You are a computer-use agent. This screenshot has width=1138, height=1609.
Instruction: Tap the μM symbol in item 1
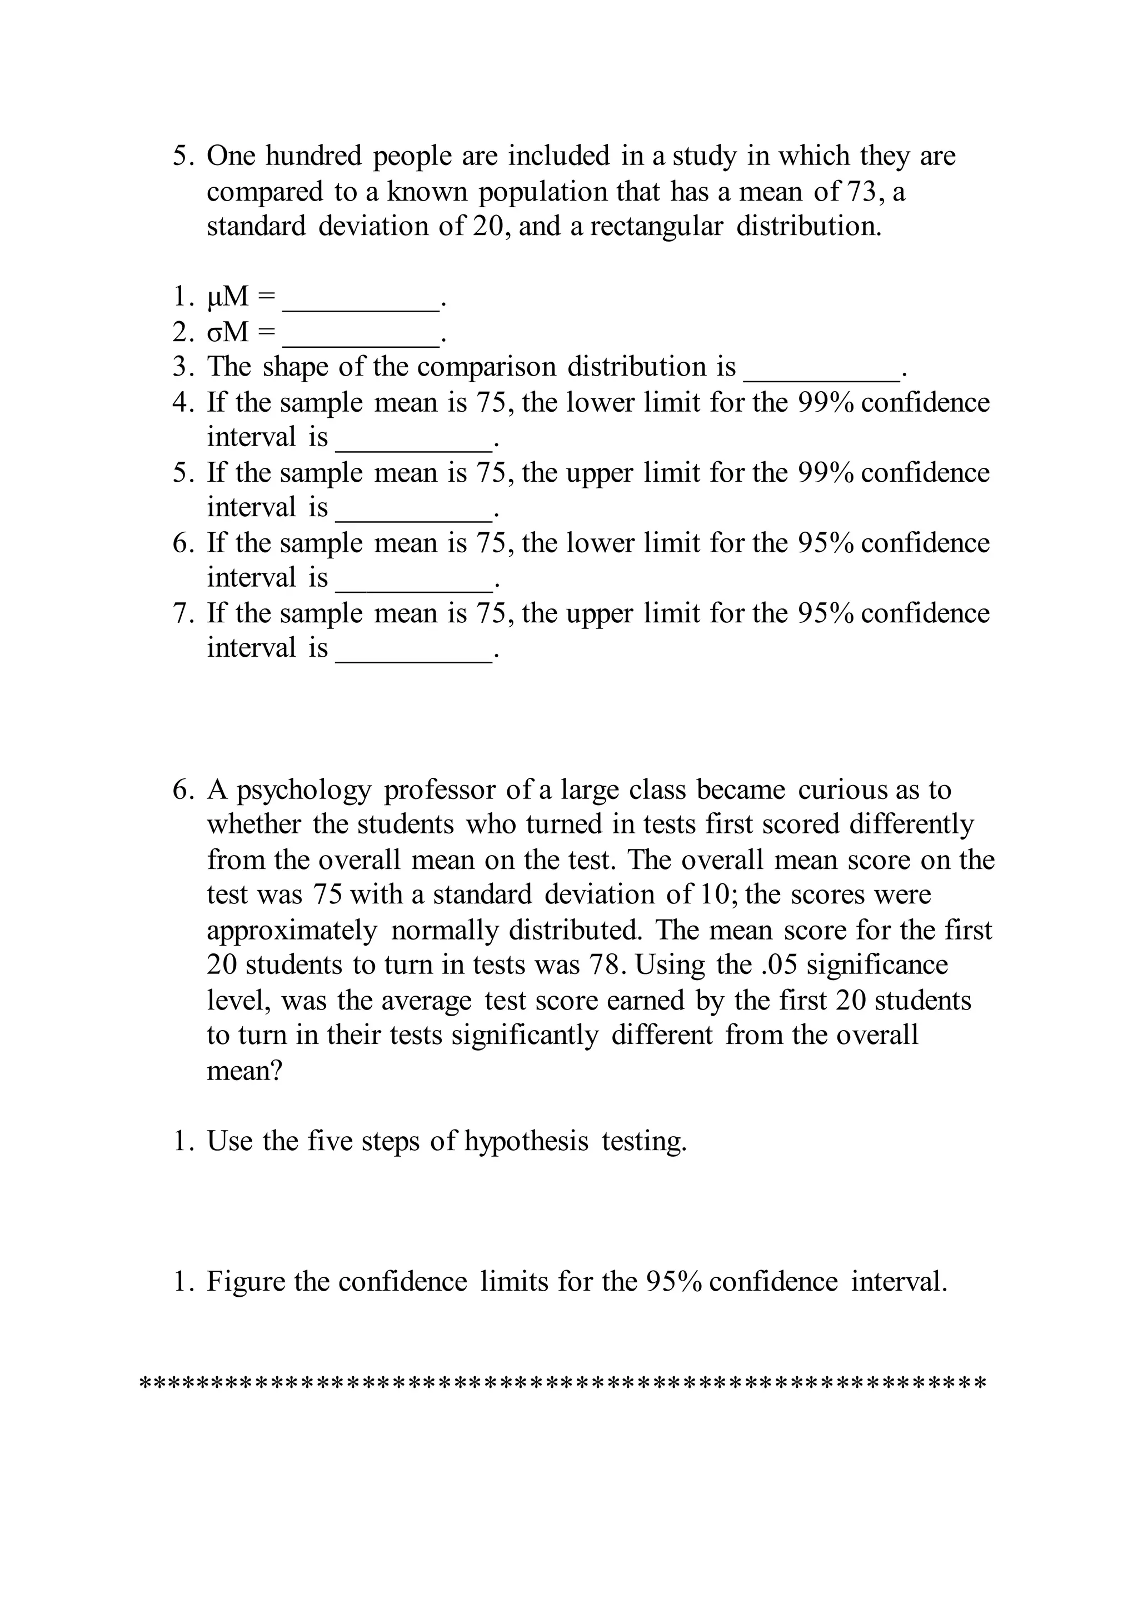pyautogui.click(x=228, y=297)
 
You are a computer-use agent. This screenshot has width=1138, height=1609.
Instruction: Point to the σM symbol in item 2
pyautogui.click(x=228, y=332)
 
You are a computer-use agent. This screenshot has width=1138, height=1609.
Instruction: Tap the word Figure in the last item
pyautogui.click(x=244, y=1282)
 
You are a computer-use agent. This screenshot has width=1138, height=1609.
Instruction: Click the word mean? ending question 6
pyautogui.click(x=244, y=1071)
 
